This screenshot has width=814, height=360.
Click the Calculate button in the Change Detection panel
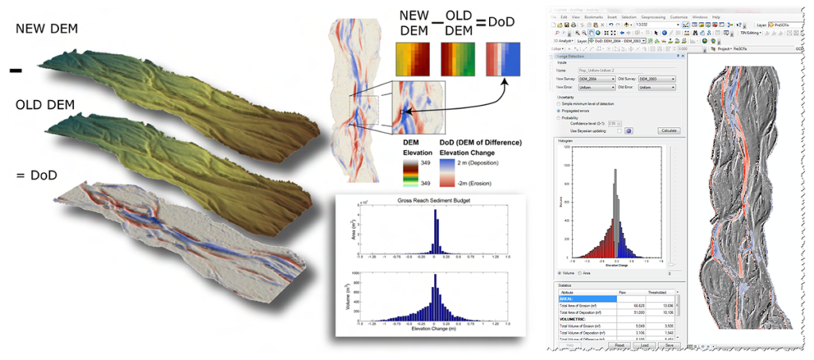pyautogui.click(x=669, y=130)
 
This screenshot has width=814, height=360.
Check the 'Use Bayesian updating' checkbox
pyautogui.click(x=618, y=130)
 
